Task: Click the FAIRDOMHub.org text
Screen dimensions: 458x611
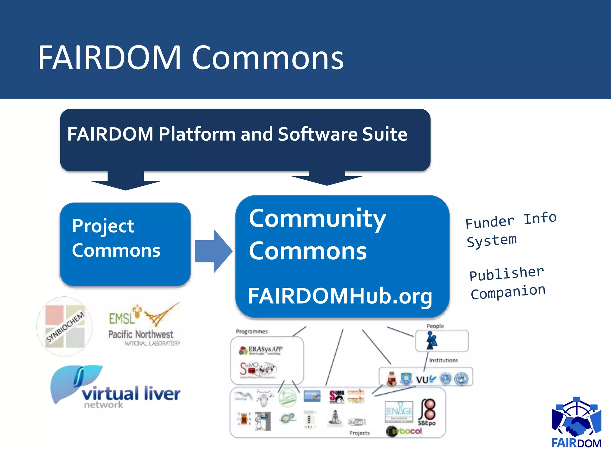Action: [x=340, y=296]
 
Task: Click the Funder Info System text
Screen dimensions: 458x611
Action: [x=511, y=230]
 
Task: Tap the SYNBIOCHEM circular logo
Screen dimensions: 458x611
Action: [x=64, y=326]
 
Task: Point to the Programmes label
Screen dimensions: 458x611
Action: [x=252, y=332]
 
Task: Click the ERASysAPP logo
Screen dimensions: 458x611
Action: [x=261, y=350]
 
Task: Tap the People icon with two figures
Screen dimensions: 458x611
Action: [x=431, y=341]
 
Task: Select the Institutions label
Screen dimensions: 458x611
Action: [x=443, y=360]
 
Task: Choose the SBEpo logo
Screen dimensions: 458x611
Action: [x=427, y=413]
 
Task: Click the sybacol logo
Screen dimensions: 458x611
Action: [x=404, y=431]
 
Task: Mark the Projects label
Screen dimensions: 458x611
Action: [x=359, y=433]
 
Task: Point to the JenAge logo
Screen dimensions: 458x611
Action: [x=399, y=411]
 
